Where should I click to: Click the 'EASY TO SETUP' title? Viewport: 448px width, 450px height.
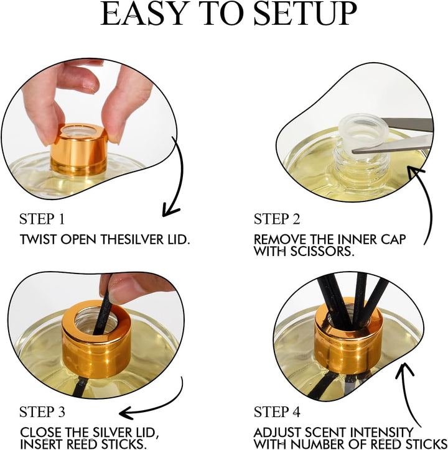click(x=228, y=14)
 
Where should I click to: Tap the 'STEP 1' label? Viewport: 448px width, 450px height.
click(x=42, y=219)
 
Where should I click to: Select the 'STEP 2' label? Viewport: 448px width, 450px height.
click(x=277, y=219)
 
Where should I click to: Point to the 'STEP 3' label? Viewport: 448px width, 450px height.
click(x=42, y=412)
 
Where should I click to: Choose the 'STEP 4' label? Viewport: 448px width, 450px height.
click(x=277, y=412)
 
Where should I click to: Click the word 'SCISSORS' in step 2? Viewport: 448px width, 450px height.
click(x=321, y=251)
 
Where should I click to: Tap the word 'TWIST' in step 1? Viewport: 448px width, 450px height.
click(x=38, y=239)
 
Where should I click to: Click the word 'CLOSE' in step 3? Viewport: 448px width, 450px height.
click(x=40, y=432)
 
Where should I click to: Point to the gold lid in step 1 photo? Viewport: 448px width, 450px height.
click(x=79, y=150)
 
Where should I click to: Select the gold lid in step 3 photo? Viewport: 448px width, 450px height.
click(x=96, y=340)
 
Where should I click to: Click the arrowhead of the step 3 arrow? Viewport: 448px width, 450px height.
click(x=126, y=413)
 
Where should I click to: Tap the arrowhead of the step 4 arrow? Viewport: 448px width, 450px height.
click(x=404, y=370)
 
